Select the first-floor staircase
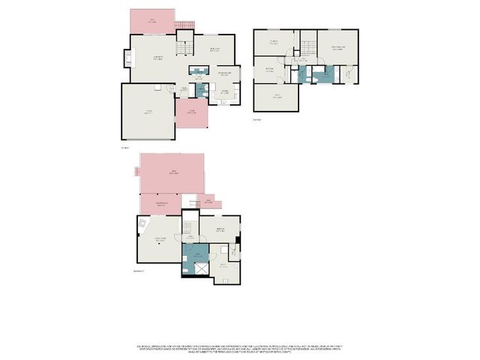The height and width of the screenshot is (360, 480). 184,48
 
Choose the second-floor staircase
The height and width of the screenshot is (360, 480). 308,49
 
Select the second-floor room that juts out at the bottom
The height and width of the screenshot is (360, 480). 276,97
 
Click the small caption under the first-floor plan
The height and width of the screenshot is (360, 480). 125,147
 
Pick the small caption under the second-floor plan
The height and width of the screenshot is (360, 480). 256,118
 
